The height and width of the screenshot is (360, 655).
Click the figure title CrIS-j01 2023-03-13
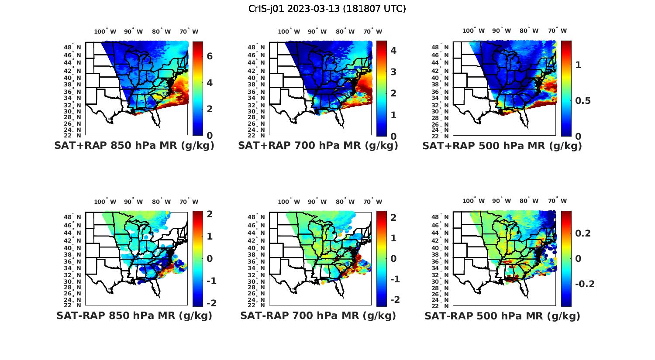point(327,9)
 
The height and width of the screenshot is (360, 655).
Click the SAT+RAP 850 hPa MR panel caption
point(134,146)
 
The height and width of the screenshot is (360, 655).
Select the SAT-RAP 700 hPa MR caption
point(318,315)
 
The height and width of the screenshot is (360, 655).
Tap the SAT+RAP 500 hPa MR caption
point(502,146)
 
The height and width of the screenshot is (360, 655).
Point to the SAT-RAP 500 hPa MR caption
point(502,316)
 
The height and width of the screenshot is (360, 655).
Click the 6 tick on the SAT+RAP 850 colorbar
point(210,56)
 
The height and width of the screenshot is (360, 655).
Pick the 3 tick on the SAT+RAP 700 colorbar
point(393,72)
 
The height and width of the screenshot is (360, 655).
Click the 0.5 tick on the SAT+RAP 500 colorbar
point(584,101)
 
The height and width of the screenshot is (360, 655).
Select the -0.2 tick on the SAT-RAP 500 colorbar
point(585,284)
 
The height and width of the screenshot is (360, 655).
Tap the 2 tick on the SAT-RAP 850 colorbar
point(210,214)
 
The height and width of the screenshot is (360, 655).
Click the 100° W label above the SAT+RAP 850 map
point(105,31)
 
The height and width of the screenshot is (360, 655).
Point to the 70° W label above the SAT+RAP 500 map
point(557,31)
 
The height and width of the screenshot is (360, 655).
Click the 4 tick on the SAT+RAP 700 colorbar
point(393,50)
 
